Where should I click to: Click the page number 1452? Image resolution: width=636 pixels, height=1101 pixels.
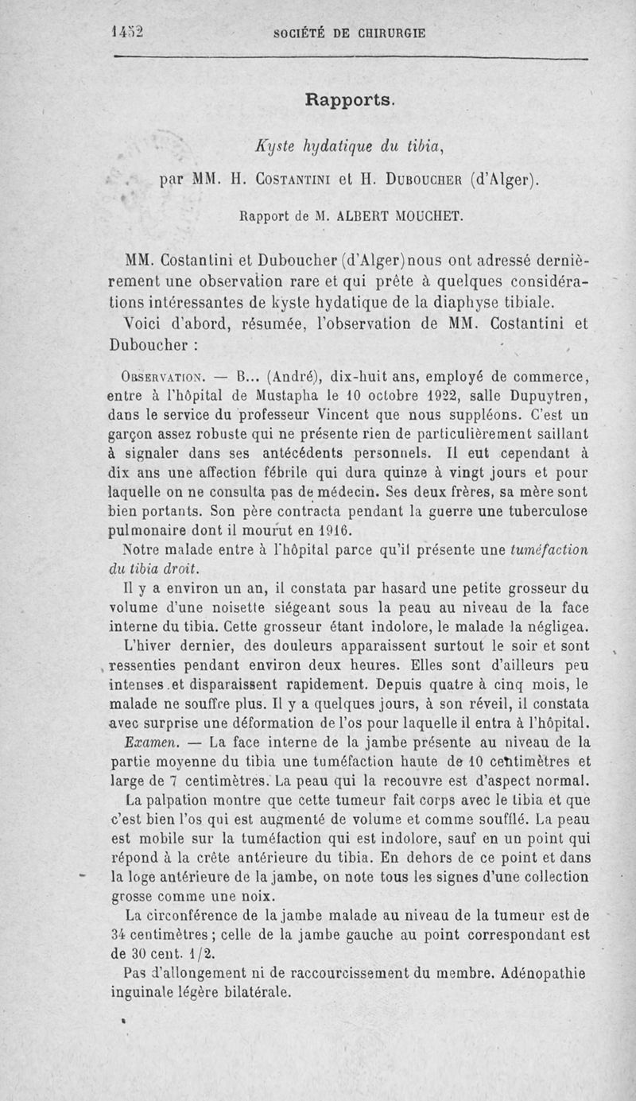pyautogui.click(x=126, y=33)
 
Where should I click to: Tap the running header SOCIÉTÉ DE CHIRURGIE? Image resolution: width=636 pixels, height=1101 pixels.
pyautogui.click(x=349, y=33)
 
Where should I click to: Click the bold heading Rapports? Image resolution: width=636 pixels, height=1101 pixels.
pyautogui.click(x=349, y=100)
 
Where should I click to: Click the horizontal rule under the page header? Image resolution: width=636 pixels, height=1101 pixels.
pyautogui.click(x=350, y=58)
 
